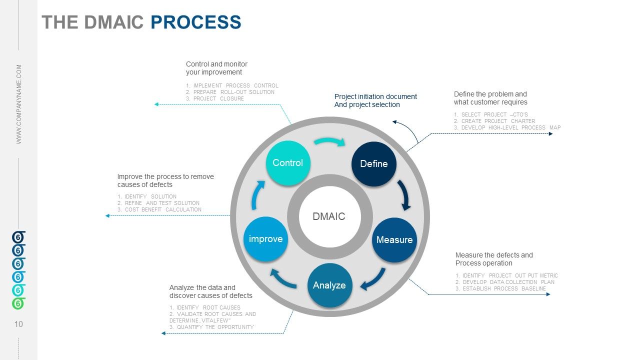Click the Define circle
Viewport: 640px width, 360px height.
point(373,164)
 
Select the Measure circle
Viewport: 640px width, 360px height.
point(394,240)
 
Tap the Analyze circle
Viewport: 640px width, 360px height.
point(329,285)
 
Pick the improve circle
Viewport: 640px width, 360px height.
point(265,239)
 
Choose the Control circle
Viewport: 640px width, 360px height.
point(287,163)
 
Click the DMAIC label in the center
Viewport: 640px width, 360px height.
point(329,216)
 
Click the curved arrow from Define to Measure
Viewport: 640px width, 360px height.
point(404,195)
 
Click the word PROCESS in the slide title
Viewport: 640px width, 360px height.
point(195,22)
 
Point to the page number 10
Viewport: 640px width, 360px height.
point(18,324)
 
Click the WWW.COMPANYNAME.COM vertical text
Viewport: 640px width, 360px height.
point(19,104)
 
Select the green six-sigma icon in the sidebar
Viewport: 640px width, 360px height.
point(18,303)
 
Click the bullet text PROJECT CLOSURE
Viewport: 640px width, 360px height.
point(218,98)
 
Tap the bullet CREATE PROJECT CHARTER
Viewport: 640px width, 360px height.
point(498,121)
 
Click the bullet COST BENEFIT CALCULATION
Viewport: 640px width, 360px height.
point(163,209)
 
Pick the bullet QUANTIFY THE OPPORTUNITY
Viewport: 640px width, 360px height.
point(215,327)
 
